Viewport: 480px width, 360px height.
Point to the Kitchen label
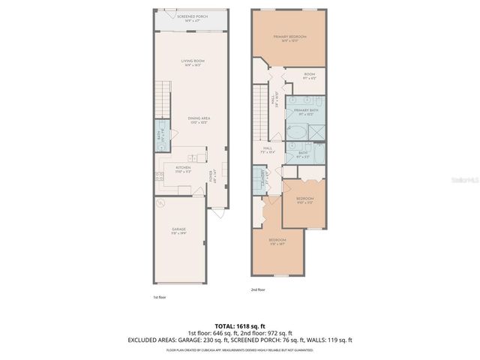[x=183, y=169]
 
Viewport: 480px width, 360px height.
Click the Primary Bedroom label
[x=289, y=37]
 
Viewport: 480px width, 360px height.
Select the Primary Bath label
[x=306, y=112]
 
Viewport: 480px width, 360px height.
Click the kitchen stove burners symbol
[x=160, y=177]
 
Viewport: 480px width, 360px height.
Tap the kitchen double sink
[x=194, y=158]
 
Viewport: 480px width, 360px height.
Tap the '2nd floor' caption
[x=259, y=289]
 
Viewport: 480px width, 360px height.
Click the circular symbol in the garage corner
[x=158, y=202]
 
